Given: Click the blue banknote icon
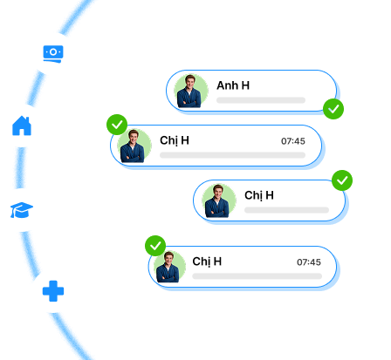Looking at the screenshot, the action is click(x=53, y=54).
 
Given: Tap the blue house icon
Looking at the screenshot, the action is click(x=22, y=126).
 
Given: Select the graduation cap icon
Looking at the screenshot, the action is click(x=22, y=210).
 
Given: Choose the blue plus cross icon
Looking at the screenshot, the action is click(x=53, y=291).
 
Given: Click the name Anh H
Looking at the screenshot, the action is click(x=233, y=85).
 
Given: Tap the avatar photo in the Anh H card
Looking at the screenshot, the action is click(x=191, y=91).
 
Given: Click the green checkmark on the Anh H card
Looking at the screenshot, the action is click(x=333, y=109).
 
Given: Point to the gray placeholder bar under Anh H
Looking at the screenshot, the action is click(x=261, y=100).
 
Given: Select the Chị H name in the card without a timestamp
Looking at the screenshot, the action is click(x=259, y=195).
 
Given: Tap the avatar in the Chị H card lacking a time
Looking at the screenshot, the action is click(x=219, y=200).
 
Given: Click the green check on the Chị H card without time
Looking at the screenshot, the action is click(x=342, y=180).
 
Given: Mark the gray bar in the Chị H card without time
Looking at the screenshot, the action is click(x=286, y=210).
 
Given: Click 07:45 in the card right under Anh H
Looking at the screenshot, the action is click(x=293, y=141).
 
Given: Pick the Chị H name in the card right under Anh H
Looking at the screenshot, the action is click(x=175, y=140).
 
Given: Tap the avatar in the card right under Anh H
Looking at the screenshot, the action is click(x=134, y=146).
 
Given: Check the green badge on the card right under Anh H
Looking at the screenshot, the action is click(x=117, y=125).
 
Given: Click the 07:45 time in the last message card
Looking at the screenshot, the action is click(x=309, y=262).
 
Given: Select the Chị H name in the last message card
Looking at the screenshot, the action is click(x=207, y=262).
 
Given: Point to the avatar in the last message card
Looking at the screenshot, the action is click(x=169, y=267).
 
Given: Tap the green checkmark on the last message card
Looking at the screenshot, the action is click(x=155, y=246).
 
